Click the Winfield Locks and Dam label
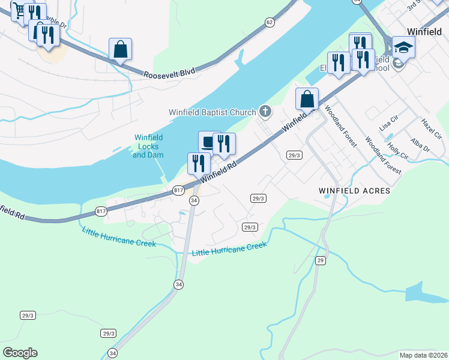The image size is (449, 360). pyautogui.click(x=148, y=146)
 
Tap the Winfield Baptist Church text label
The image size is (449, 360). pyautogui.click(x=212, y=111)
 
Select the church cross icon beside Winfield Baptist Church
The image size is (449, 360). pyautogui.click(x=265, y=111)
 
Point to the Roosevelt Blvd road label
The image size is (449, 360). pyautogui.click(x=169, y=73)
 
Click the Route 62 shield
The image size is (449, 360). pyautogui.click(x=270, y=22)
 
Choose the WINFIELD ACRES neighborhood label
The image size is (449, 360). pyautogui.click(x=354, y=191)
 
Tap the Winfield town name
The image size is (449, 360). pyautogui.click(x=424, y=31)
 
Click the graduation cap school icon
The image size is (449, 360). pyautogui.click(x=404, y=47)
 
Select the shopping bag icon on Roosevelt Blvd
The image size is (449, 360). pyautogui.click(x=120, y=49)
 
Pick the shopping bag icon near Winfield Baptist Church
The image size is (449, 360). pyautogui.click(x=307, y=98)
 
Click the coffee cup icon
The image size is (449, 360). pyautogui.click(x=207, y=142)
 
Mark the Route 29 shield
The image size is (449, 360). pyautogui.click(x=321, y=260)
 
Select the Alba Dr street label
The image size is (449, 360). pyautogui.click(x=420, y=145)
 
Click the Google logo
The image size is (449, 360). pyautogui.click(x=20, y=353)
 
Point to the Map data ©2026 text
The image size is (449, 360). pyautogui.click(x=423, y=355)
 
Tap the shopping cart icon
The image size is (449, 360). pyautogui.click(x=19, y=11)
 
